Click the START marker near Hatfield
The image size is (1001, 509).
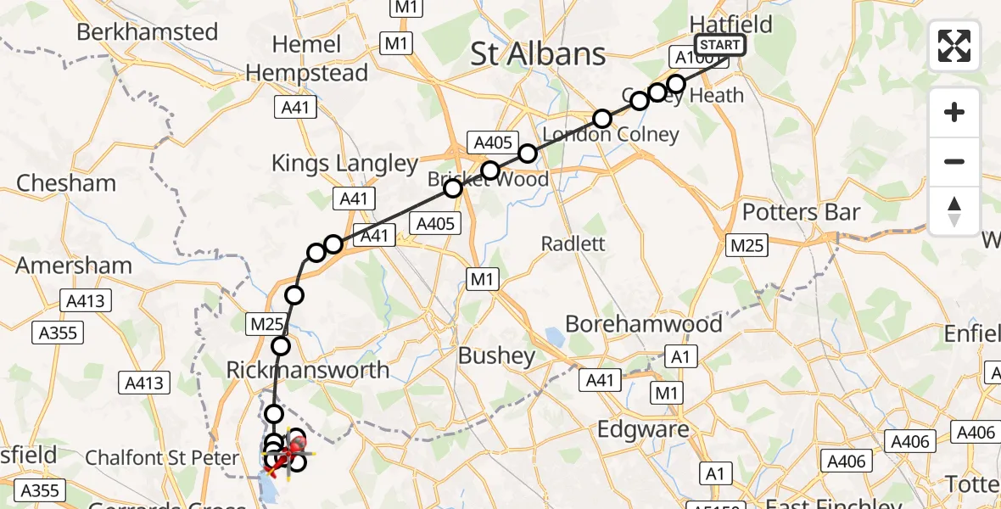tap(720, 45)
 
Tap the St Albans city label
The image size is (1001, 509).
tap(539, 54)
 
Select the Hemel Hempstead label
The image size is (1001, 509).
tap(307, 59)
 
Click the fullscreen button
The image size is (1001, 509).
tap(954, 46)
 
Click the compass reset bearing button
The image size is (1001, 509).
tap(954, 210)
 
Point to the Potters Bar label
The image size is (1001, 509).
tap(801, 212)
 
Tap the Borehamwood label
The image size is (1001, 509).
tap(644, 323)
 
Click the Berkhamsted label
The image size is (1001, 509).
tap(147, 32)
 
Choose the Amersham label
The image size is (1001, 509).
tap(74, 266)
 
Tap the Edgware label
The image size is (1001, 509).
tap(643, 429)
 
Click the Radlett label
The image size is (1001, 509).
tap(574, 243)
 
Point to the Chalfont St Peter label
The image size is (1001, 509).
tap(162, 459)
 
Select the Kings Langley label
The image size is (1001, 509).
tap(344, 164)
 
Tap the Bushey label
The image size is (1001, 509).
tap(496, 355)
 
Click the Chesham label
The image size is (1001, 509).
tap(66, 183)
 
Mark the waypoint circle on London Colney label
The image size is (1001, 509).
tap(601, 119)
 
